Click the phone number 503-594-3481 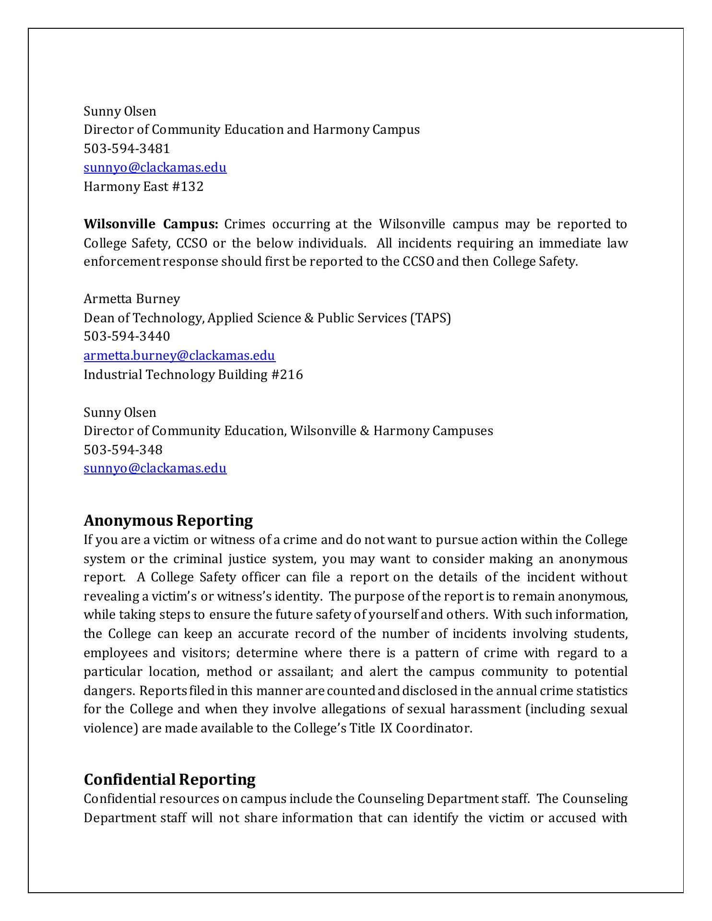point(127,149)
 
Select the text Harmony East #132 point(143,187)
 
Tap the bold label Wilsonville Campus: point(151,224)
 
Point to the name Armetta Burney point(132,299)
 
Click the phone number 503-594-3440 point(127,336)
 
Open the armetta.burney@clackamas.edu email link point(179,355)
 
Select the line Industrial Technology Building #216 point(193,374)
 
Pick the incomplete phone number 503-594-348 point(123,449)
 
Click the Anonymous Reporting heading point(168,520)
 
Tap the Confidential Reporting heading point(169,779)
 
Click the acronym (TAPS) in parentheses point(430,318)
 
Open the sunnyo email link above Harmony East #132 point(155,167)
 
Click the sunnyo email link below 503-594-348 point(155,468)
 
